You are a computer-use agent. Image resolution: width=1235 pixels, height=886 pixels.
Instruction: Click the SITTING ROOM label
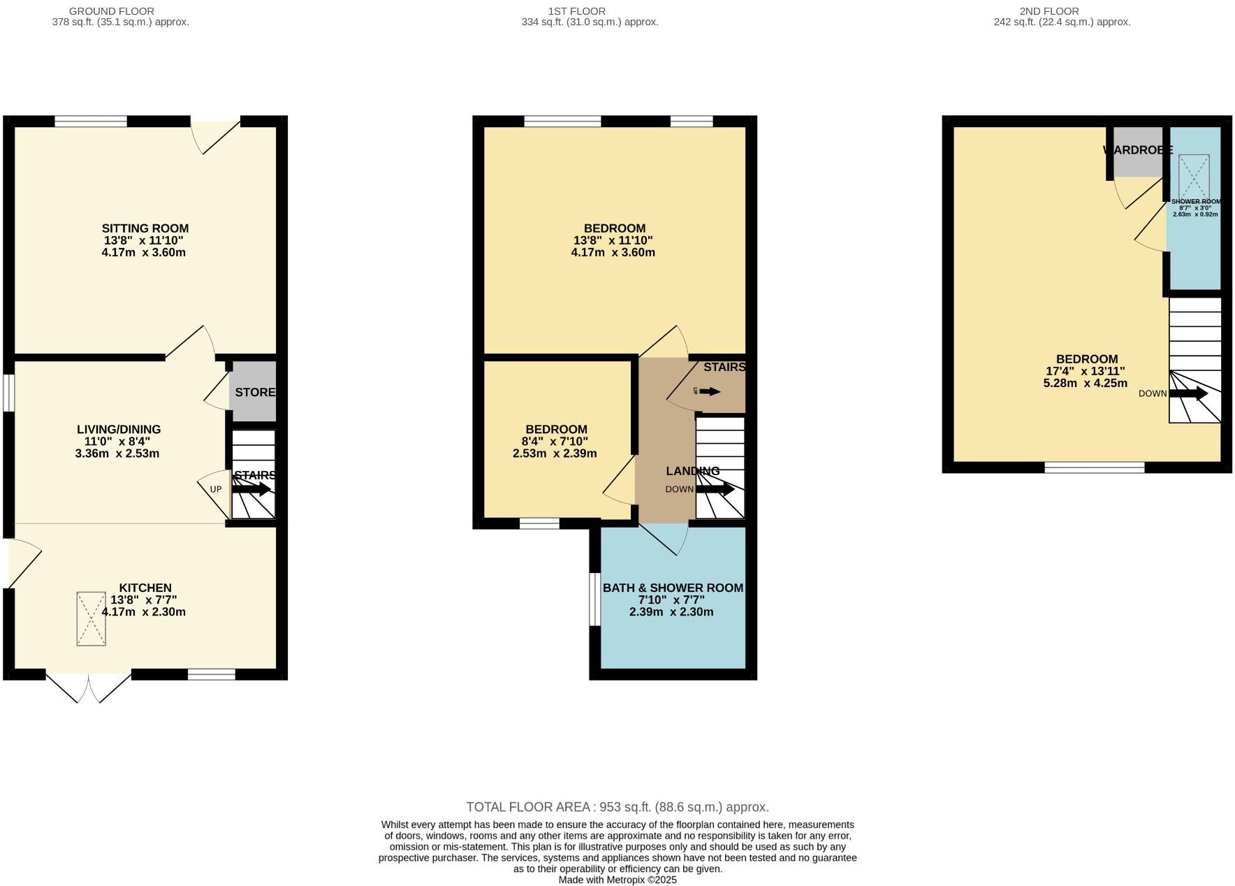pos(145,228)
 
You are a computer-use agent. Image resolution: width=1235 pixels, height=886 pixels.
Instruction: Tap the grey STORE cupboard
pos(253,392)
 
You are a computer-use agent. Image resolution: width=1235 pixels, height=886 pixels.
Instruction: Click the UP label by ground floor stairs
pos(216,489)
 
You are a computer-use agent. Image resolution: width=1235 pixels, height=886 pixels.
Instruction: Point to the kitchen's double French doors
pos(89,688)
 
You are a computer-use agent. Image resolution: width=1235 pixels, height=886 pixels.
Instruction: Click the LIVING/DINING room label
pos(118,430)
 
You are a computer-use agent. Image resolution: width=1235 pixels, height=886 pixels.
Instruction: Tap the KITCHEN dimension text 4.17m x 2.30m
pos(144,612)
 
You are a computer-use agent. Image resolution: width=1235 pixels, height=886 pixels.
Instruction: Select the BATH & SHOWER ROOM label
pos(672,588)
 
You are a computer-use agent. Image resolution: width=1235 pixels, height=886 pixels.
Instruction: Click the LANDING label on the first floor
pos(692,471)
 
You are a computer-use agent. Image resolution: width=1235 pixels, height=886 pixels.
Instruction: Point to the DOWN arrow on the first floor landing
pos(715,489)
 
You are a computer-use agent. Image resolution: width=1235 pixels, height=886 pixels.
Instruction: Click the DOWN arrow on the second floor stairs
pos(1188,393)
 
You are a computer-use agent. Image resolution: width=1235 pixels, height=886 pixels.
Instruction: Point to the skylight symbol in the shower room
pos(1194,177)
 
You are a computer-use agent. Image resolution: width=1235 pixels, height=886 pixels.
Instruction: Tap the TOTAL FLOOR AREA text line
pos(617,807)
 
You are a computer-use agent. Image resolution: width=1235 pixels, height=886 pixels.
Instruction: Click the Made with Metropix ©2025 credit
pos(617,880)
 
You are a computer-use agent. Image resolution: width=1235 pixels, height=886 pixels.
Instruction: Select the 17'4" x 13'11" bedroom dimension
pos(1085,372)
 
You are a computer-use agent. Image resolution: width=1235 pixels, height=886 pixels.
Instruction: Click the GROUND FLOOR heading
pos(112,11)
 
